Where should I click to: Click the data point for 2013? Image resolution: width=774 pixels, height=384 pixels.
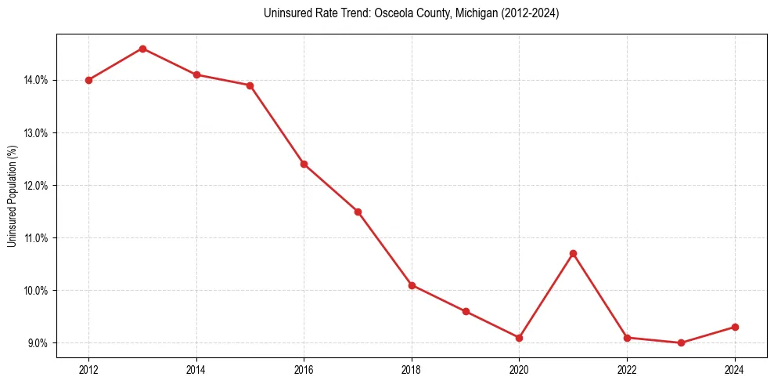[142, 49]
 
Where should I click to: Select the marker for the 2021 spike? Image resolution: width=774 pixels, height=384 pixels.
[573, 253]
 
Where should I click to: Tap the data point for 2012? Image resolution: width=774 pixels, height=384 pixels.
[88, 80]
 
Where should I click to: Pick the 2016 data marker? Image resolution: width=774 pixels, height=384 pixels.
[304, 164]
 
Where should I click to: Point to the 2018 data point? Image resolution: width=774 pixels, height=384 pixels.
[412, 285]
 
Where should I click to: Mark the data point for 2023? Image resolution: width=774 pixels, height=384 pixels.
[681, 342]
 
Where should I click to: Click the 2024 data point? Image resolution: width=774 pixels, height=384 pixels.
[735, 327]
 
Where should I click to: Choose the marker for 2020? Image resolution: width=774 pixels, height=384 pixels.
[519, 338]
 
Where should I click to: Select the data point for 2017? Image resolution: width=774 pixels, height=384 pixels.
[358, 212]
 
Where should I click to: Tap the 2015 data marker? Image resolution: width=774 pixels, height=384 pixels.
[250, 85]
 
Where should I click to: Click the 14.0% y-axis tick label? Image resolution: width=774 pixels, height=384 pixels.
[37, 80]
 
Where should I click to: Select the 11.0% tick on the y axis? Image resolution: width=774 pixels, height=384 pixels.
[37, 238]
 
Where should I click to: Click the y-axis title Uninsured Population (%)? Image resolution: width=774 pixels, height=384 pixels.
[12, 196]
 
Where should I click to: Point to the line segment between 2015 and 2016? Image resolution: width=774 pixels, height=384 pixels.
[276, 125]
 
